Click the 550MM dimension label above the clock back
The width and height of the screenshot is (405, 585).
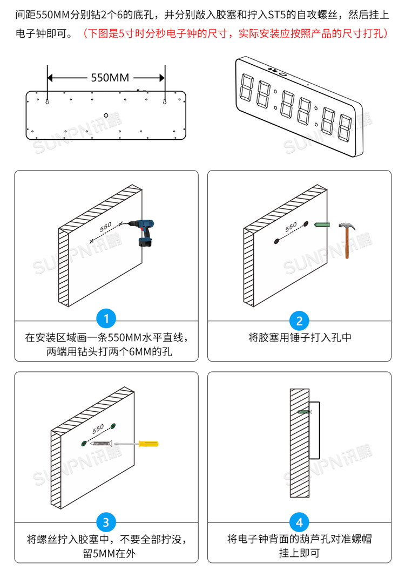coord(106,77)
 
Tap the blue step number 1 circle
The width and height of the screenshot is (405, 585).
coord(106,319)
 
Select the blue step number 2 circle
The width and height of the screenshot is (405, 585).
coord(299,321)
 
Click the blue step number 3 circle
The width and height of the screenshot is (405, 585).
coord(106,522)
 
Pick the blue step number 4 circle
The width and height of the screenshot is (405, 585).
coord(299,522)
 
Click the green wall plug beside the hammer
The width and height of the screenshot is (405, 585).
coord(322,222)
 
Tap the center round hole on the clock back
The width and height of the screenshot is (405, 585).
coord(106,114)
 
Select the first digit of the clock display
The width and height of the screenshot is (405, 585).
coord(247,86)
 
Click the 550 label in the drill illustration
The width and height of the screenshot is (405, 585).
coord(105,226)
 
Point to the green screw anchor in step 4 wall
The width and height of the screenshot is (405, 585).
coord(305,412)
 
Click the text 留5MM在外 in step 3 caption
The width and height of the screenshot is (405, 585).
coord(106,553)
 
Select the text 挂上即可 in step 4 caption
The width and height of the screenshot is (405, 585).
coord(299,553)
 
